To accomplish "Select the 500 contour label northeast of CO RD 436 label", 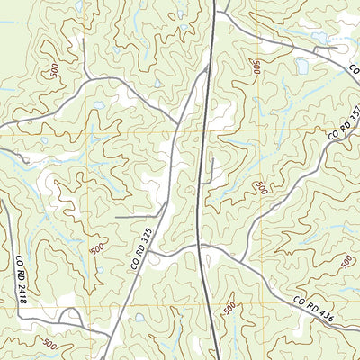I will click(x=346, y=262).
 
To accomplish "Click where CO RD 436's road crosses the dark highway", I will click(x=200, y=245).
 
